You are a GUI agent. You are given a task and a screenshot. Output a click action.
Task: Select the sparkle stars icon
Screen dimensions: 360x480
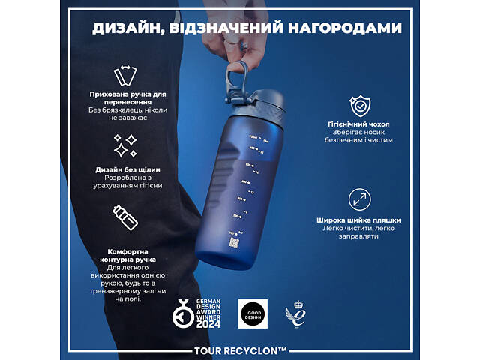coord(125,144)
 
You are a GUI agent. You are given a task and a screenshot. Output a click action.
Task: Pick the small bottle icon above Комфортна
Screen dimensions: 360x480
coord(125,217)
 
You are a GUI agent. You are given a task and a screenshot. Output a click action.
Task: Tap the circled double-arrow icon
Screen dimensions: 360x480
coord(358,199)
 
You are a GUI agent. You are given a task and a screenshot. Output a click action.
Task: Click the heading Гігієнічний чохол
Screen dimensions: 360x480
coord(358,123)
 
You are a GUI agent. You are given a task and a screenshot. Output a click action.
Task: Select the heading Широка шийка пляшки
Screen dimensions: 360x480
coord(358,220)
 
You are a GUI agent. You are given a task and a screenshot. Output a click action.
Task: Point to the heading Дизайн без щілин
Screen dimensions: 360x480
coord(125,169)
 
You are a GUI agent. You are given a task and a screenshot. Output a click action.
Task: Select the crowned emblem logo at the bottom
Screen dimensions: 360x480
coord(295,313)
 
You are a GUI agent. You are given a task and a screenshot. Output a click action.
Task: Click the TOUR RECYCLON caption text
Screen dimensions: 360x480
coord(240,349)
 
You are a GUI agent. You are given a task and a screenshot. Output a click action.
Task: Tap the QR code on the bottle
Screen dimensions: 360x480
coord(233,243)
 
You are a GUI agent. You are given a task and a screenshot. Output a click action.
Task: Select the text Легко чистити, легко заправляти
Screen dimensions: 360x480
coord(358,232)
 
